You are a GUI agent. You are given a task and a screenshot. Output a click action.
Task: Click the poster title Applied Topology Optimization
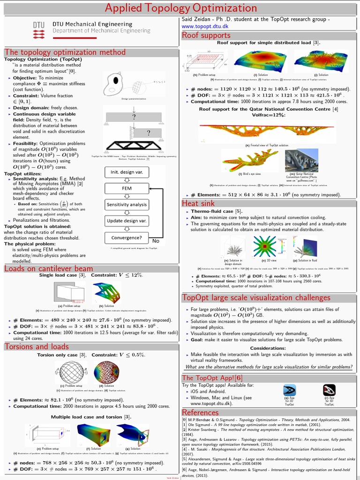180,8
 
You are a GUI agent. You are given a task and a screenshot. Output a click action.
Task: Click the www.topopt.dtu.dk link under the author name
204,26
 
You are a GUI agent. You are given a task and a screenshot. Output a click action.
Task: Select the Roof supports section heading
206,35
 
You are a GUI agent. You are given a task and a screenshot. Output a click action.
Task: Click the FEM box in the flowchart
126,188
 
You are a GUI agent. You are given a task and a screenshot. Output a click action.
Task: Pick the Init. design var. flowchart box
126,172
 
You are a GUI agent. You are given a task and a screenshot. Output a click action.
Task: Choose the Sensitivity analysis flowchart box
126,204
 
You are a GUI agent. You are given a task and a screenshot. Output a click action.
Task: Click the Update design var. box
126,220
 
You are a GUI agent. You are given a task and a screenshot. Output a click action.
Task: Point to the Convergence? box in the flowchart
126,237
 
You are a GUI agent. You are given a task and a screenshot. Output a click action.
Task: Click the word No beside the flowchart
156,240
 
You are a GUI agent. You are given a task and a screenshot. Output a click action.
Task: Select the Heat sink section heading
198,203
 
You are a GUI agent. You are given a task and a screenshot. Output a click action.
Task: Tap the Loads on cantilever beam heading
49,268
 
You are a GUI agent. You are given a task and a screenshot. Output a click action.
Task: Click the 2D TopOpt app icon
289,390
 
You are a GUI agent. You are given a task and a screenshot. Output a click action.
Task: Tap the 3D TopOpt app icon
330,390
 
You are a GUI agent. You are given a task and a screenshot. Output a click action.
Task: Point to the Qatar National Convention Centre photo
301,161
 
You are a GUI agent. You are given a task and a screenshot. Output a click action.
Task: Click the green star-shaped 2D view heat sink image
265,246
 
